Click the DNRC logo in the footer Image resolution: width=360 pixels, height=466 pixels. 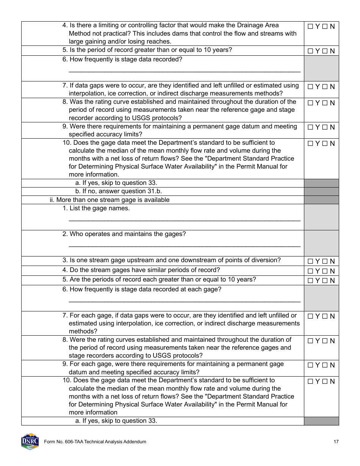(x=30, y=442)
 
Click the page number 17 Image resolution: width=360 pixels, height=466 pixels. (x=336, y=442)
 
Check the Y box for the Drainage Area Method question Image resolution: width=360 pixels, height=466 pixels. (x=310, y=27)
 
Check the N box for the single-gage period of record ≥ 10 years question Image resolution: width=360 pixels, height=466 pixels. (x=325, y=51)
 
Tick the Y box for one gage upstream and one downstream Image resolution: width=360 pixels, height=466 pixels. (x=310, y=261)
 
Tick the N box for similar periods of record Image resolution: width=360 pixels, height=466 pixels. (x=325, y=271)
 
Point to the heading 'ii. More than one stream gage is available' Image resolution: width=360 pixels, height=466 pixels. (x=110, y=200)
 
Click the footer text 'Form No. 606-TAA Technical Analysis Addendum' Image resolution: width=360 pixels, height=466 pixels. (x=95, y=442)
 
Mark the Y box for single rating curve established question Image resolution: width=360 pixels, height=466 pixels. (x=310, y=103)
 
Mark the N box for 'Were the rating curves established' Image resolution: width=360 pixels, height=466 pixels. (x=325, y=341)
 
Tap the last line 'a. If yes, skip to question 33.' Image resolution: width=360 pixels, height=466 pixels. (x=116, y=421)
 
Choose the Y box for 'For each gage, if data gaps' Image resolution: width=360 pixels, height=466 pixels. (x=310, y=316)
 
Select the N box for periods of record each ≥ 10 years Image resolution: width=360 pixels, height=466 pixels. (x=325, y=281)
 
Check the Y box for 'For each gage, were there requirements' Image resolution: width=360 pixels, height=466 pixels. (x=310, y=365)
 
